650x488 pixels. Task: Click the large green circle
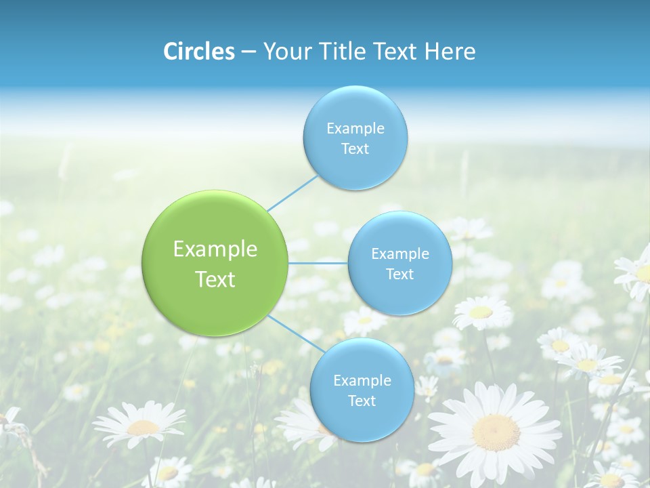coord(215,263)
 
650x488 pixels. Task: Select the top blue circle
coord(355,138)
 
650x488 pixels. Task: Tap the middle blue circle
coord(400,263)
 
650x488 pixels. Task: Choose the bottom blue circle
coord(362,390)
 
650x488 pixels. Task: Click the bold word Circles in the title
coord(199,52)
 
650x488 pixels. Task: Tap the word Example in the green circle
coord(215,249)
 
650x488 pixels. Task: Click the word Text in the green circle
coord(215,279)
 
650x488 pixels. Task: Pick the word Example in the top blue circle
coord(355,128)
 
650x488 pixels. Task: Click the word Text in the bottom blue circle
coord(362,401)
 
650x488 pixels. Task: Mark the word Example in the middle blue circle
coord(400,253)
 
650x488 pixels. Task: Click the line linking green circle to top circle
coord(293,192)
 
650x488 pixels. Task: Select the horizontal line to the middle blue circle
coord(318,263)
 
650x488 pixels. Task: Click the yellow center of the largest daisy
coord(496,432)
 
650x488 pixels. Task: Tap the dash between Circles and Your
coord(248,52)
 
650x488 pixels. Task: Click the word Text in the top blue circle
coord(355,148)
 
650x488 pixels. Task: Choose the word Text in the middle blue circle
coord(400,274)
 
